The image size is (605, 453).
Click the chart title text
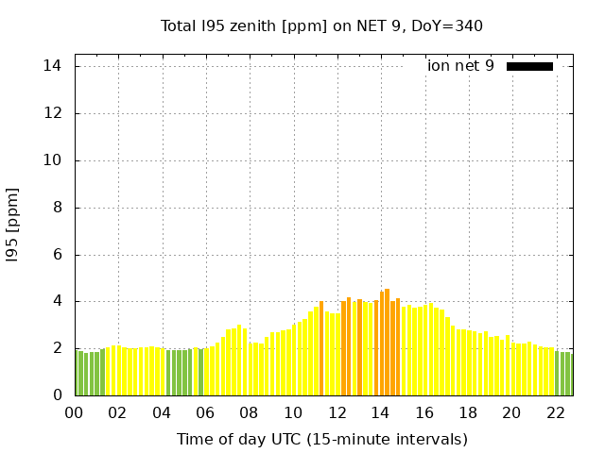tap(321, 25)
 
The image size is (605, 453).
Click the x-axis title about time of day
tap(321, 439)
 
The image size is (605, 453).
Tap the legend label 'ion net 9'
tap(460, 66)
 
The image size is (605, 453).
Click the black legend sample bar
tap(529, 66)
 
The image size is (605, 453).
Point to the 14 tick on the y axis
tap(53, 66)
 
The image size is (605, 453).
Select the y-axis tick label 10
tap(53, 160)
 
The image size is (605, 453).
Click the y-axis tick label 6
tap(57, 255)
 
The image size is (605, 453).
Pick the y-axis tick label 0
tap(57, 395)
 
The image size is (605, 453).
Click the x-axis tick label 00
tap(74, 412)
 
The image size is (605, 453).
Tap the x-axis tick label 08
tap(249, 412)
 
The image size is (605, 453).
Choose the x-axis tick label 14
tap(380, 412)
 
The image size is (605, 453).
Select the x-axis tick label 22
tap(555, 412)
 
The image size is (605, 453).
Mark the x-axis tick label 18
tap(467, 412)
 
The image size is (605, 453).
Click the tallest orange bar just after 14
tap(388, 342)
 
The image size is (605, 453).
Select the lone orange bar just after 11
tap(321, 348)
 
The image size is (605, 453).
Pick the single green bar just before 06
tap(200, 372)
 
